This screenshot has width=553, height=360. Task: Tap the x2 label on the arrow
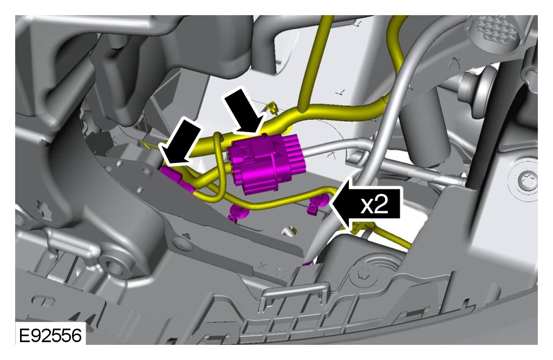(x=374, y=205)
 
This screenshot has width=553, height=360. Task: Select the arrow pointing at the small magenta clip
(x=180, y=142)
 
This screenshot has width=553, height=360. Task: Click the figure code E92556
(x=50, y=336)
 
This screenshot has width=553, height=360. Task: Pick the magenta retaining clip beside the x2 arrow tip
(x=315, y=205)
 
